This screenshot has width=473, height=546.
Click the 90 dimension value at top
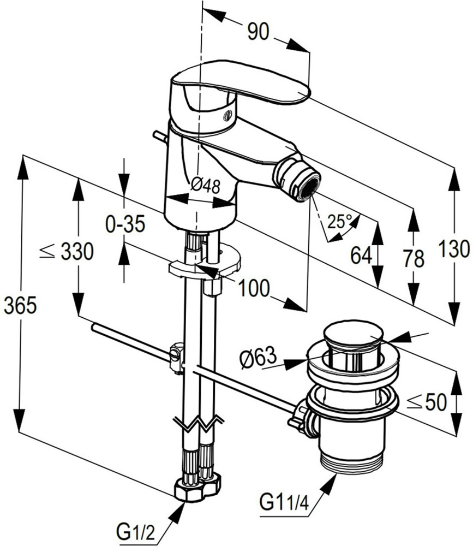tap(258, 32)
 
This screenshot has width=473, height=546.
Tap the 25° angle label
tap(340, 222)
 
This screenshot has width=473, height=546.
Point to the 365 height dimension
tap(20, 306)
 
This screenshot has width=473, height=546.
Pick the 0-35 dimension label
tap(125, 223)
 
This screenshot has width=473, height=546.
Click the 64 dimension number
tap(361, 255)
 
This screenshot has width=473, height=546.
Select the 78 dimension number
tap(414, 258)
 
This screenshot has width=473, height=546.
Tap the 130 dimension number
tap(453, 249)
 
